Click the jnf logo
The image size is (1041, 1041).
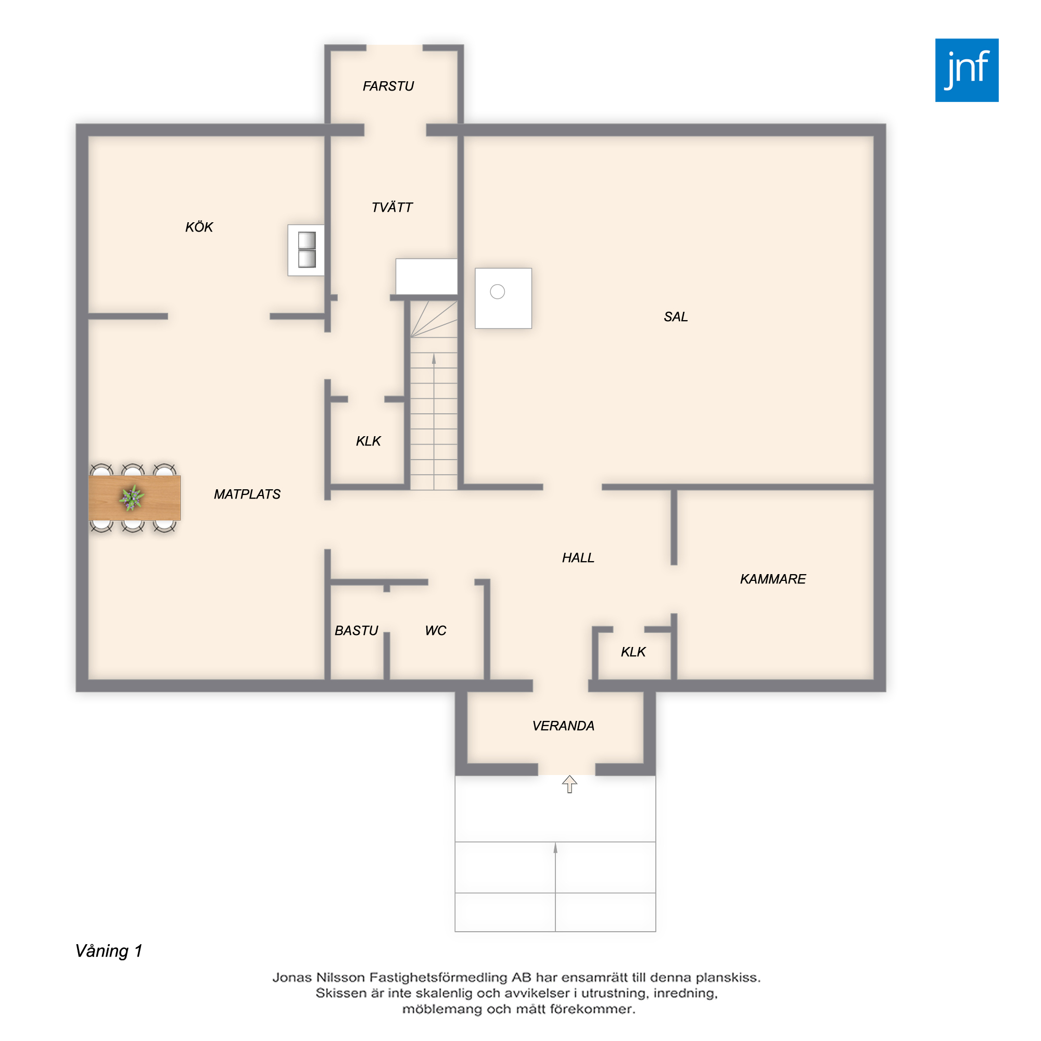(x=967, y=70)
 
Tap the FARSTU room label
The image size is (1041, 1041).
(x=388, y=86)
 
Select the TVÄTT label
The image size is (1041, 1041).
(x=392, y=207)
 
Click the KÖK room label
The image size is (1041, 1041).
(x=199, y=227)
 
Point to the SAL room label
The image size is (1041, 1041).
(x=676, y=317)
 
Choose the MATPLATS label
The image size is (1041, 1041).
(x=247, y=494)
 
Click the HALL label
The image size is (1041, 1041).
(x=578, y=557)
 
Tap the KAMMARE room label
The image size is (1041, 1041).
(x=772, y=579)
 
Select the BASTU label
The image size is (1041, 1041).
(x=356, y=630)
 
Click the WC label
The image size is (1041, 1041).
(x=435, y=630)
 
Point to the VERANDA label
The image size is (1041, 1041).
(x=563, y=726)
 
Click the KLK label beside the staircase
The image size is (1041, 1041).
(x=368, y=441)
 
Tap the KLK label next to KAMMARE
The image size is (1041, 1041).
(x=633, y=652)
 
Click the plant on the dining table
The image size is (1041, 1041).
(x=132, y=497)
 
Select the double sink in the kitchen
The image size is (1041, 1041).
(x=307, y=249)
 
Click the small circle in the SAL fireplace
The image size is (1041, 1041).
(x=497, y=291)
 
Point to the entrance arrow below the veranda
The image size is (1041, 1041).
(x=569, y=784)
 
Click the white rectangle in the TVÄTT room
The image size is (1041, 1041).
(x=426, y=276)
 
